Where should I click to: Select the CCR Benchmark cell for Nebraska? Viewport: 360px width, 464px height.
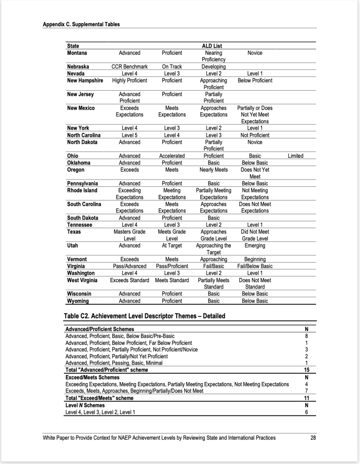[129, 67]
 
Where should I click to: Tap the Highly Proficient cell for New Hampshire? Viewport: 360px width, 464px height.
[130, 80]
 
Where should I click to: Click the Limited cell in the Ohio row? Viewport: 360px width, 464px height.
[296, 156]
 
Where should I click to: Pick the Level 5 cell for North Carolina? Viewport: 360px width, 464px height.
[129, 135]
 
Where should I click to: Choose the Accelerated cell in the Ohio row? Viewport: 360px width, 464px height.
[172, 156]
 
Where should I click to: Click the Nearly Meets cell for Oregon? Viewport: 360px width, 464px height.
[214, 170]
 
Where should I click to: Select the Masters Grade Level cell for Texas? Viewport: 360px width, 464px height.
[129, 235]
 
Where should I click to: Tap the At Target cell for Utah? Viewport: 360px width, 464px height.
[172, 245]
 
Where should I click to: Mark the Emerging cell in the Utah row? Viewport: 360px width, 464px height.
[255, 245]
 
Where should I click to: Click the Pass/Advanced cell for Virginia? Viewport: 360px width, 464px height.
[129, 266]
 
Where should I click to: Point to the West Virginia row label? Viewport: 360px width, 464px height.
[84, 280]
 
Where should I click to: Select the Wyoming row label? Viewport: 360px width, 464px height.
[78, 301]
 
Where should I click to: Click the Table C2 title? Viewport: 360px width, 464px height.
[145, 316]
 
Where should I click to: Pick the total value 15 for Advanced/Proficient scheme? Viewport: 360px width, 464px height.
[306, 370]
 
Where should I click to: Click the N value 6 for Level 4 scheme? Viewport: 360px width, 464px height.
[306, 412]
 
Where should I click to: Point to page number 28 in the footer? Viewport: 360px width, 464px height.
[313, 438]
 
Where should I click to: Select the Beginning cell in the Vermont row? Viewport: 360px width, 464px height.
[255, 259]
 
